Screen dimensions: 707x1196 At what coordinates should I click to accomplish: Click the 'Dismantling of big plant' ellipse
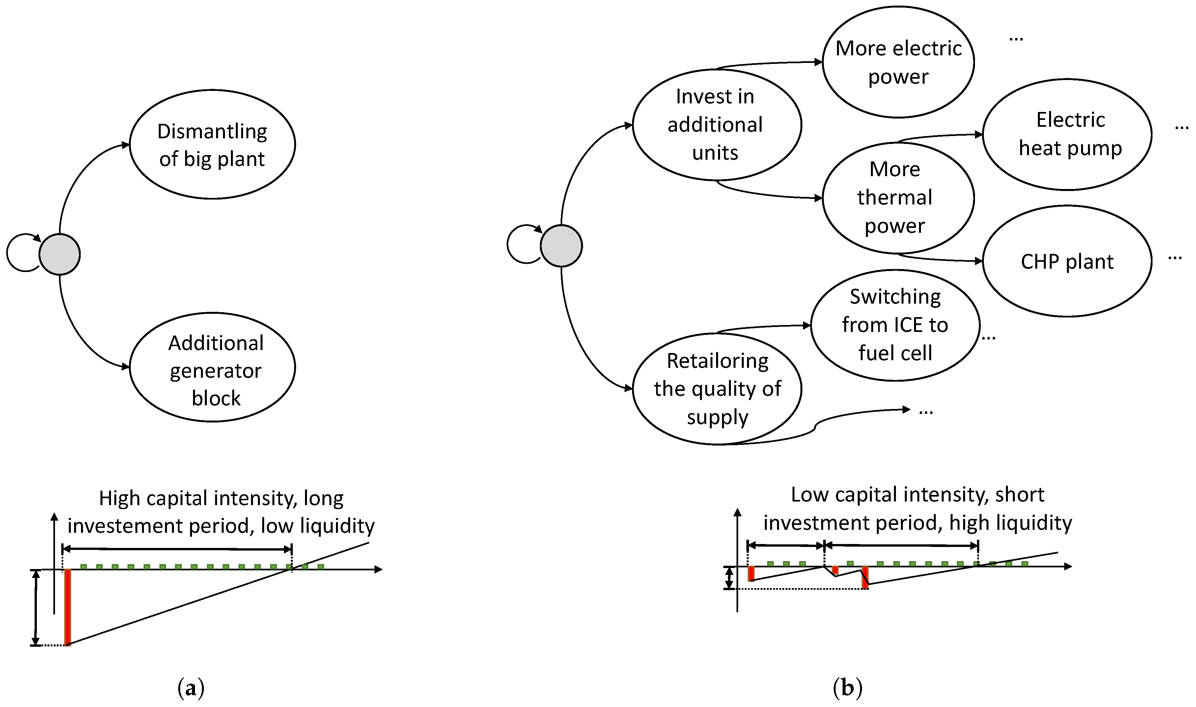(x=212, y=144)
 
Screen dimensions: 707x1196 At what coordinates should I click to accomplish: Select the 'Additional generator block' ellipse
(x=212, y=367)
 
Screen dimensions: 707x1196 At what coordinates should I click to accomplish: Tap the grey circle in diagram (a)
(x=60, y=255)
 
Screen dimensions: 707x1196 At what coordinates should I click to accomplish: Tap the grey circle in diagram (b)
(x=561, y=246)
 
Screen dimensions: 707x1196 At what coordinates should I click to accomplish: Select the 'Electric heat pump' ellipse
(x=1067, y=135)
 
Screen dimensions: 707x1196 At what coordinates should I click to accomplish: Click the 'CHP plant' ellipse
(x=1067, y=261)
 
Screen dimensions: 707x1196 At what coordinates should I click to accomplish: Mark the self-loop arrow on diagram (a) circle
(x=19, y=253)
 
